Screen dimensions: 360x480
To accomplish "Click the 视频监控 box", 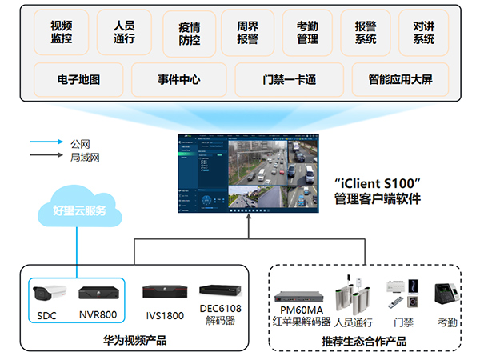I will coord(61,32).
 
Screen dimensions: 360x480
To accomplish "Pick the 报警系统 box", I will coord(365,32).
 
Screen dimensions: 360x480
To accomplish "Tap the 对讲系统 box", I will coord(424,32).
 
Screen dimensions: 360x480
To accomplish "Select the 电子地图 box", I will coord(78,79).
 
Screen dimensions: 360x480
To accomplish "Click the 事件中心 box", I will coord(178,79).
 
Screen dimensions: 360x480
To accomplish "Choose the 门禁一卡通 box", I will coord(290,79).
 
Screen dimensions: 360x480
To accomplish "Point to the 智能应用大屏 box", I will coord(401,79).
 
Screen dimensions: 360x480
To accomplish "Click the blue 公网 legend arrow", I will coord(46,143).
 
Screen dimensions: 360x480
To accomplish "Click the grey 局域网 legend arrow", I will coord(46,158).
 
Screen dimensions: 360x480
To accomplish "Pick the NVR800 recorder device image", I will coord(98,292).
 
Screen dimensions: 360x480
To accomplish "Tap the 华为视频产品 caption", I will coord(135,342).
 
